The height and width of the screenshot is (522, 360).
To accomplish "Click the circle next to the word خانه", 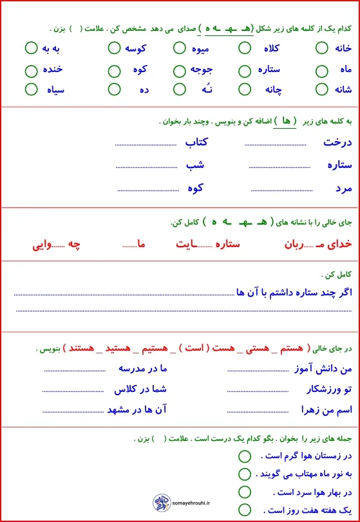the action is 322,48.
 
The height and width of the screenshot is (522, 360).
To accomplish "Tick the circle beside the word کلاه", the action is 245,48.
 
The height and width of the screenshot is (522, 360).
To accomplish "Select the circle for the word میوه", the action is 180,48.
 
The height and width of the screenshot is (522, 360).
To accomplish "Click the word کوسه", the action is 135,48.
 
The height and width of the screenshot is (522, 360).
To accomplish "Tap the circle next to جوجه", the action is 180,70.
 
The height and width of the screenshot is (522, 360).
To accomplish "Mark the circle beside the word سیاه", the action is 31,89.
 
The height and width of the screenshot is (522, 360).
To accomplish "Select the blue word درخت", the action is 337,143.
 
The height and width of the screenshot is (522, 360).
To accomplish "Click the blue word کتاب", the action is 199,143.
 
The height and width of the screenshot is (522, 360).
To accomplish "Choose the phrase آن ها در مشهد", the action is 137,410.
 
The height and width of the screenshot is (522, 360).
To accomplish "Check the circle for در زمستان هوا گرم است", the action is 244,456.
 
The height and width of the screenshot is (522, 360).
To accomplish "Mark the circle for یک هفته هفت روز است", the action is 244,510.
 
